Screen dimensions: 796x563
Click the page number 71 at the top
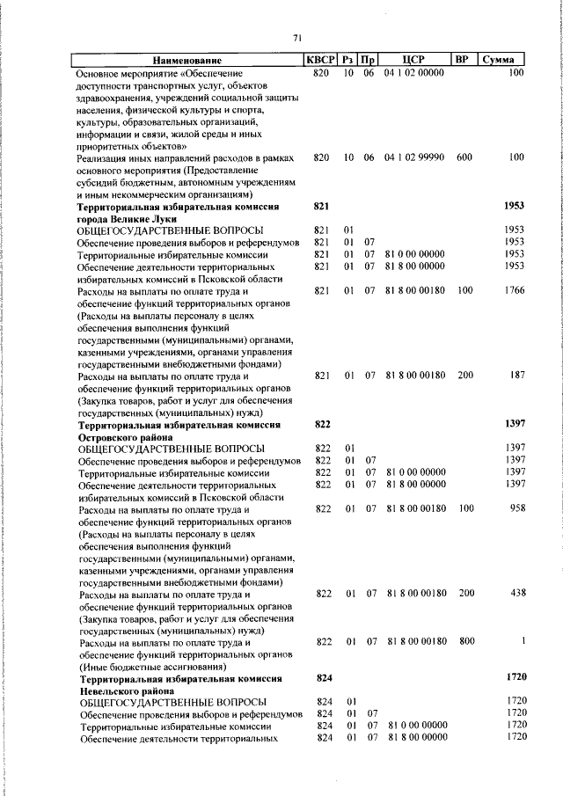(297, 37)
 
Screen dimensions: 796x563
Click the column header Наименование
(187, 59)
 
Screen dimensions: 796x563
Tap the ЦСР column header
(413, 59)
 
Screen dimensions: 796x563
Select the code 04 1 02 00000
(413, 72)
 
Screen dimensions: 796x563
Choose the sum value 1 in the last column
(523, 642)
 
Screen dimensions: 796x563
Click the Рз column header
(349, 59)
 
